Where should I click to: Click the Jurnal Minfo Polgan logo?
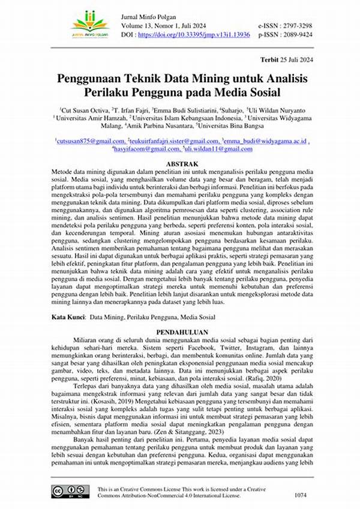point(89,22)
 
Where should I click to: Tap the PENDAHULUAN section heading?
point(182,331)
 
